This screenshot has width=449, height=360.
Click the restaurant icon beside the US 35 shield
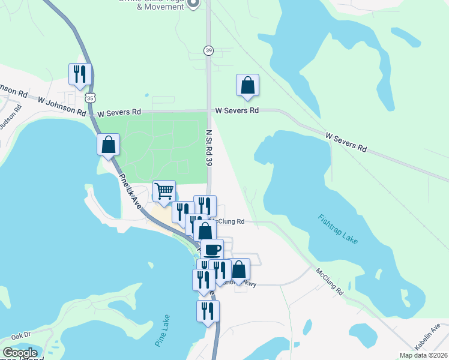tap(80, 74)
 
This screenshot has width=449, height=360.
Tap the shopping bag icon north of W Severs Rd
tap(247, 86)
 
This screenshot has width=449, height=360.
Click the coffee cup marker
tap(211, 250)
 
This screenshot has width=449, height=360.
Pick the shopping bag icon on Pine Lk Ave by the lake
tap(108, 145)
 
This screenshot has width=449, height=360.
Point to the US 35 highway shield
tap(89, 97)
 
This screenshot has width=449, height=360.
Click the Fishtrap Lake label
tap(338, 229)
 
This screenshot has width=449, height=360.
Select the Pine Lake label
tap(162, 331)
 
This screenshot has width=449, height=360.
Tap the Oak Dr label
tap(20, 335)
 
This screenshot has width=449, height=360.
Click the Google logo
tap(20, 353)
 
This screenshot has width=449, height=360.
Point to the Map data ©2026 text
tap(423, 355)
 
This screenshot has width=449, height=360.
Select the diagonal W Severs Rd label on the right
tap(346, 142)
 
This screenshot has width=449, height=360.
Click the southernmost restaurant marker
tap(208, 311)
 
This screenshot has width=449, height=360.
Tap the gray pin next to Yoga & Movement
tap(193, 4)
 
